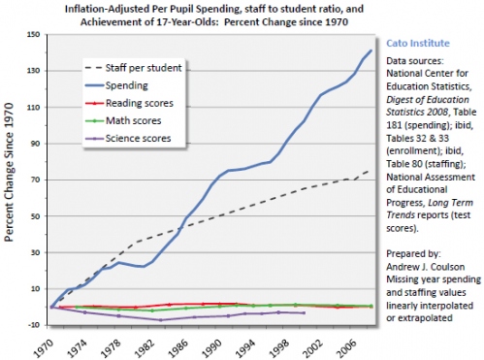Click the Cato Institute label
(418, 43)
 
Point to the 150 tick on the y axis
(34, 34)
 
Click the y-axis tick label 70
(36, 180)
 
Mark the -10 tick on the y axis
(35, 325)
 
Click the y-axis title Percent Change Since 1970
(10, 172)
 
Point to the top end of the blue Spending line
(371, 50)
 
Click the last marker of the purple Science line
(304, 312)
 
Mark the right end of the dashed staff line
(370, 171)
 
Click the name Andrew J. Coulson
(426, 267)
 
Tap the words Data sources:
(415, 61)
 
